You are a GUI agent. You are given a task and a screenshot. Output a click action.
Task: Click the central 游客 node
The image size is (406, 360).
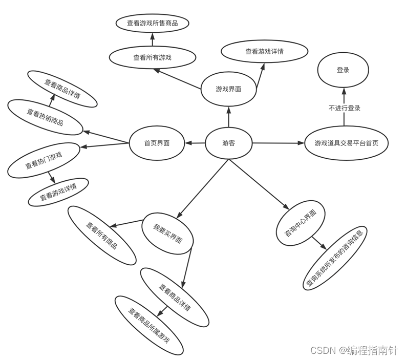tap(228, 143)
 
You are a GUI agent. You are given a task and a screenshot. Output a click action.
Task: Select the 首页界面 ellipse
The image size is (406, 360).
tap(157, 143)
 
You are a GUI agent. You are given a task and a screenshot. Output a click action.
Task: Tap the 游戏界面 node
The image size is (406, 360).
tap(228, 89)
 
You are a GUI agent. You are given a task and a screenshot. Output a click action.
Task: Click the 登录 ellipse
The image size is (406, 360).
tap(343, 70)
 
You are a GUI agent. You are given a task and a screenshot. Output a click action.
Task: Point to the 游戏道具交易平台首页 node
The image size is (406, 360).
tap(347, 143)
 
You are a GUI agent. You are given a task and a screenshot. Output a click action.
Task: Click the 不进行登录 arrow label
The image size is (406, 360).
tap(344, 108)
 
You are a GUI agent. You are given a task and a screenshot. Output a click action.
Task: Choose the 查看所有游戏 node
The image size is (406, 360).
tap(153, 57)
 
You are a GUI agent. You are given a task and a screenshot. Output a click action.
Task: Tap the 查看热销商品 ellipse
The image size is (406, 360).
tap(45, 117)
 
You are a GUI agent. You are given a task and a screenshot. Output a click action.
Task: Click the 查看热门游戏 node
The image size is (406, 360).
tap(44, 160)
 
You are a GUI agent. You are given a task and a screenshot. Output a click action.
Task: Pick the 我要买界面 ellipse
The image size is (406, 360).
tap(168, 234)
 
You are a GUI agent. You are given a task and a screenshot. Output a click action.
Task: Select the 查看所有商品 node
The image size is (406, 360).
tap(102, 236)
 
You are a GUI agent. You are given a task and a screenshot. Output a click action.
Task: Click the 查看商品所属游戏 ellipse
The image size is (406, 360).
tap(148, 326)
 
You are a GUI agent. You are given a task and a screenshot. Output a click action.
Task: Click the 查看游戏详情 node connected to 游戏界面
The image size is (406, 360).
tap(265, 51)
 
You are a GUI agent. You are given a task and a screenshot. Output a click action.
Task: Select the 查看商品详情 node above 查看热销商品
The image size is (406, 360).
tap(62, 89)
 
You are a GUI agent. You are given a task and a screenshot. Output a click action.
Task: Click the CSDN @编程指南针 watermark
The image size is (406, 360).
tap(354, 350)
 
